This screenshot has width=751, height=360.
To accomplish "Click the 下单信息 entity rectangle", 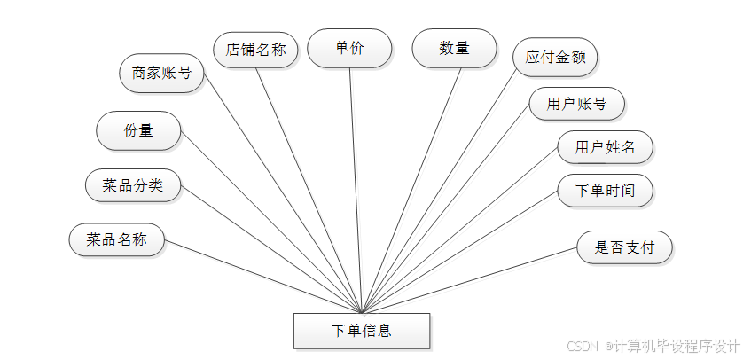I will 362,331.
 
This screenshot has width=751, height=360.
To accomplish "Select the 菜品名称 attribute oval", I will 116,239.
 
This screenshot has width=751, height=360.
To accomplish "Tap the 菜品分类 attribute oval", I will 133,185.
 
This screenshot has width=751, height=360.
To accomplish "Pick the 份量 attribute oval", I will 138,130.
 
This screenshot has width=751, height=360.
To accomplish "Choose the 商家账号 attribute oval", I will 161,73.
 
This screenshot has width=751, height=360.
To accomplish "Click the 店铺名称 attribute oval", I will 256,50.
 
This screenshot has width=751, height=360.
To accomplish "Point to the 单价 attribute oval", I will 349,49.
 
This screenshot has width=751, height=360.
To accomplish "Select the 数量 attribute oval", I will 454,48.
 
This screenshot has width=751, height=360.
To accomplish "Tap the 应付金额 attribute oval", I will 555,58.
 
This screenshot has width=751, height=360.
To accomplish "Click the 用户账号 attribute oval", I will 576,104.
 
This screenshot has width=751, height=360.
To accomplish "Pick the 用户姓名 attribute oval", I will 605,147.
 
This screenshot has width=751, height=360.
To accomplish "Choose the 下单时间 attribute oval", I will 605,191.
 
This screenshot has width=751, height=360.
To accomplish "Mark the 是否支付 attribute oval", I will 624,247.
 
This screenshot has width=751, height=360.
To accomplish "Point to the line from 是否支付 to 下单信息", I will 470,280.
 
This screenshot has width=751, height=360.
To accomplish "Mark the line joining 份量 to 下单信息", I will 271,223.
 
